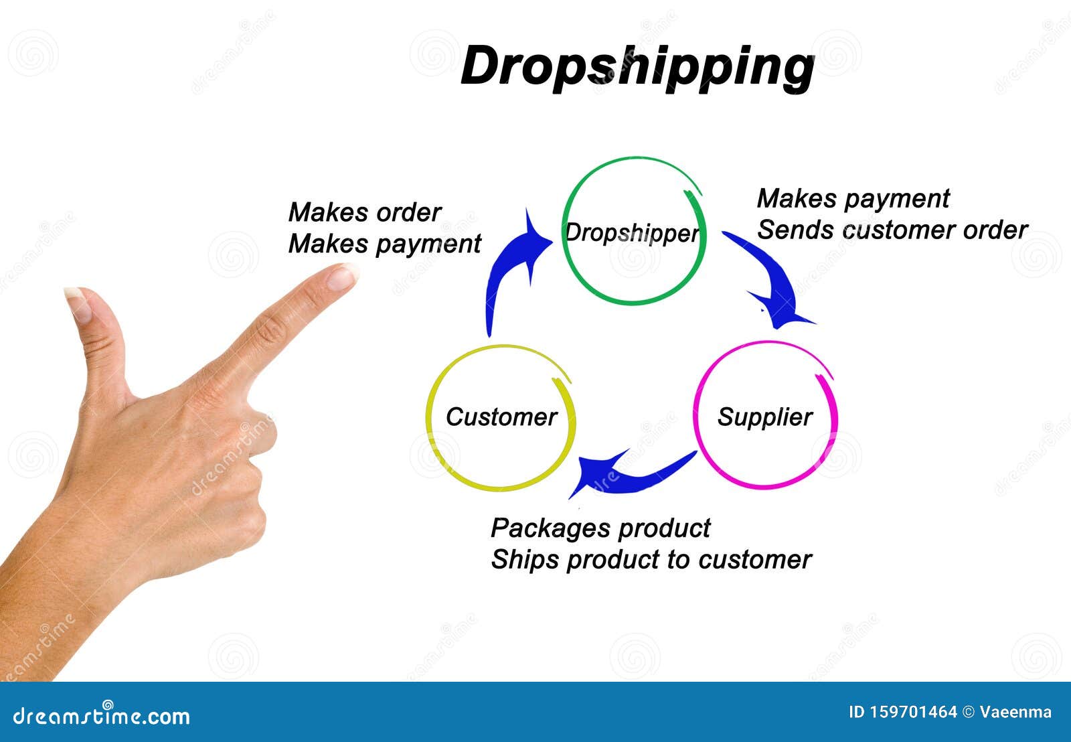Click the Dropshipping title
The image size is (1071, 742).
coord(637,67)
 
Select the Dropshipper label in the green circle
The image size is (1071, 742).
coord(632,233)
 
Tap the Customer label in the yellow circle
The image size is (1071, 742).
coord(501,417)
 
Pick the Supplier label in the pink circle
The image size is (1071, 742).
coord(765,417)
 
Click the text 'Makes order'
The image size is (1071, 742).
coord(365,213)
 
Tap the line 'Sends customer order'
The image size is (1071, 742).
coord(892,230)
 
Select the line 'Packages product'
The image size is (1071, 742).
coord(600,528)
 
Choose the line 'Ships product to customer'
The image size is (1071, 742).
coord(651,560)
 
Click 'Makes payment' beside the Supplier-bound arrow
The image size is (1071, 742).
coord(853,199)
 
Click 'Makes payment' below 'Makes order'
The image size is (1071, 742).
coord(384,244)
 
